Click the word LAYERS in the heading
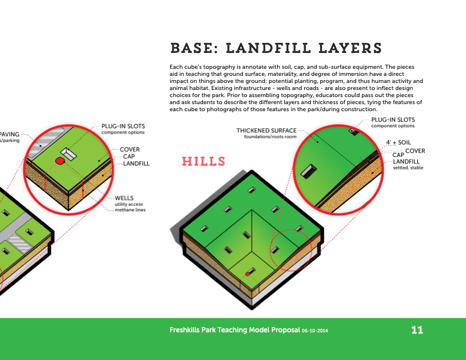pyautogui.click(x=350, y=48)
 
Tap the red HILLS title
pyautogui.click(x=204, y=162)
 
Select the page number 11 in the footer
pyautogui.click(x=417, y=330)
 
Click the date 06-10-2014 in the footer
pyautogui.click(x=315, y=331)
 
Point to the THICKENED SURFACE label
pyautogui.click(x=267, y=131)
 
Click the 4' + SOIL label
pyautogui.click(x=398, y=142)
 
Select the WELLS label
pyautogui.click(x=124, y=198)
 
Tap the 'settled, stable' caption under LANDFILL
pyautogui.click(x=408, y=168)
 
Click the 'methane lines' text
pyautogui.click(x=130, y=209)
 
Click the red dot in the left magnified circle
pyautogui.click(x=60, y=161)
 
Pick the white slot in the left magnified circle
pyautogui.click(x=69, y=154)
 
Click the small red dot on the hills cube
pyautogui.click(x=248, y=274)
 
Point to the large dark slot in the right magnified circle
pyautogui.click(x=308, y=171)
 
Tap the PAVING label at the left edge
pyautogui.click(x=9, y=134)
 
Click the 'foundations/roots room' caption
pyautogui.click(x=270, y=136)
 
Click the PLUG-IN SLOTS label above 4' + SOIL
pyautogui.click(x=393, y=119)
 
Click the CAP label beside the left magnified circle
pyautogui.click(x=129, y=156)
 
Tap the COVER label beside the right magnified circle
pyautogui.click(x=415, y=151)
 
